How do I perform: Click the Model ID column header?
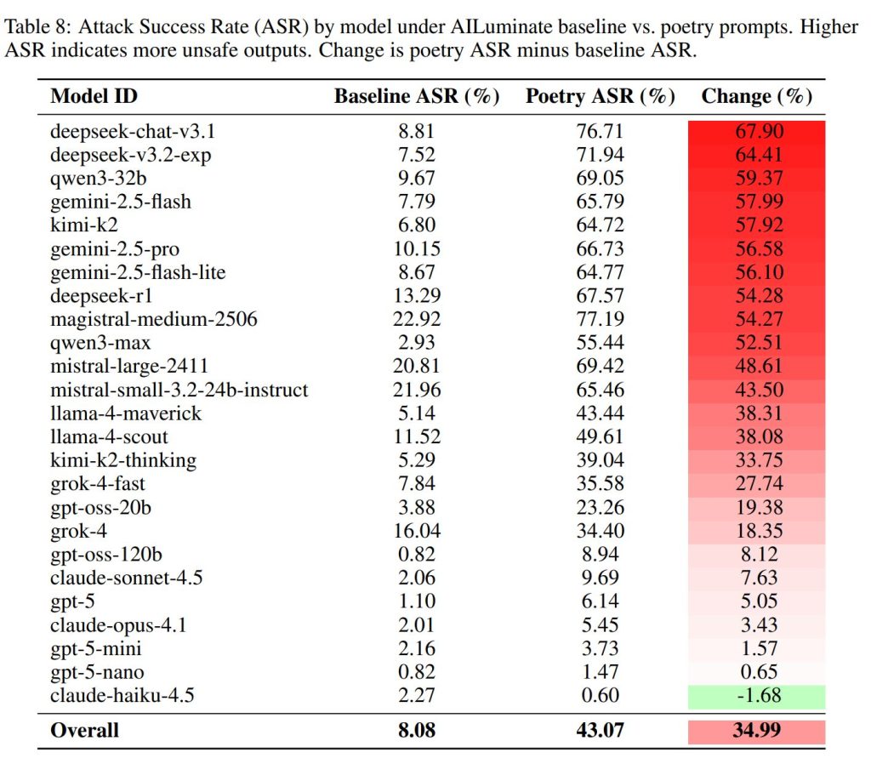pos(94,96)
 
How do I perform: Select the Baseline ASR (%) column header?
pos(416,96)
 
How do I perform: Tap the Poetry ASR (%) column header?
pos(600,96)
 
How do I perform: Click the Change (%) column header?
pos(756,96)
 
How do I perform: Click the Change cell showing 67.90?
pos(756,131)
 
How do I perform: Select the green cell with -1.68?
pos(756,696)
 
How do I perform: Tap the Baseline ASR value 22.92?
pos(416,319)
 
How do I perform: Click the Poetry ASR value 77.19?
pos(600,319)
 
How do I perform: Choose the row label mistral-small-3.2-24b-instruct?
pos(179,390)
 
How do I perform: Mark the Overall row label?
pos(85,730)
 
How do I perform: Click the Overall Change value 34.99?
pos(756,730)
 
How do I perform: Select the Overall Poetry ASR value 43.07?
pos(600,730)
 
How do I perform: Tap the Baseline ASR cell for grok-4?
pos(416,531)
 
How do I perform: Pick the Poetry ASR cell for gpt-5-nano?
pos(600,672)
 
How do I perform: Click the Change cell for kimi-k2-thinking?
pos(756,460)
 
